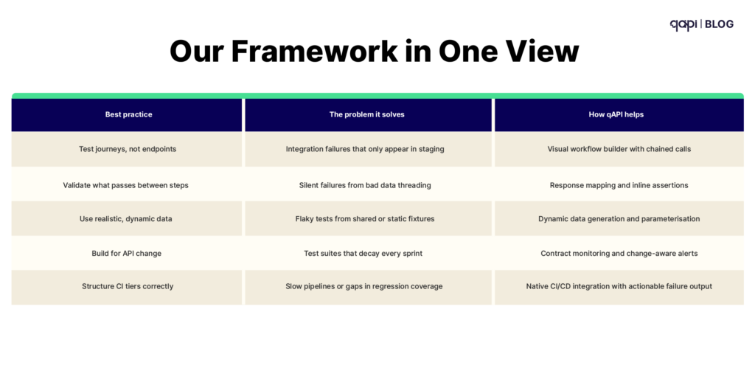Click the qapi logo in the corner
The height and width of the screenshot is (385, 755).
click(683, 24)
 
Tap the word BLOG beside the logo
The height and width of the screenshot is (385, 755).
click(719, 24)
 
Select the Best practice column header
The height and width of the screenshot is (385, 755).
click(128, 114)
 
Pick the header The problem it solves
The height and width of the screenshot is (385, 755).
click(366, 114)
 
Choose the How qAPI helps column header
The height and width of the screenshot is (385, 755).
click(619, 114)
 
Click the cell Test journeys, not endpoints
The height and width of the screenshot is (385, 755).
click(128, 149)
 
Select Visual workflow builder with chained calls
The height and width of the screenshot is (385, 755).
click(619, 149)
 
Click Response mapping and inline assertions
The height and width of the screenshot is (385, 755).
click(619, 185)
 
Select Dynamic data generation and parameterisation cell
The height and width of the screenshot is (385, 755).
click(619, 219)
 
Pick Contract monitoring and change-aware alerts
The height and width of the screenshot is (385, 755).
click(619, 253)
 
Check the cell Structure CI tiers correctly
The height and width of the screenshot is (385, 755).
click(128, 286)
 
